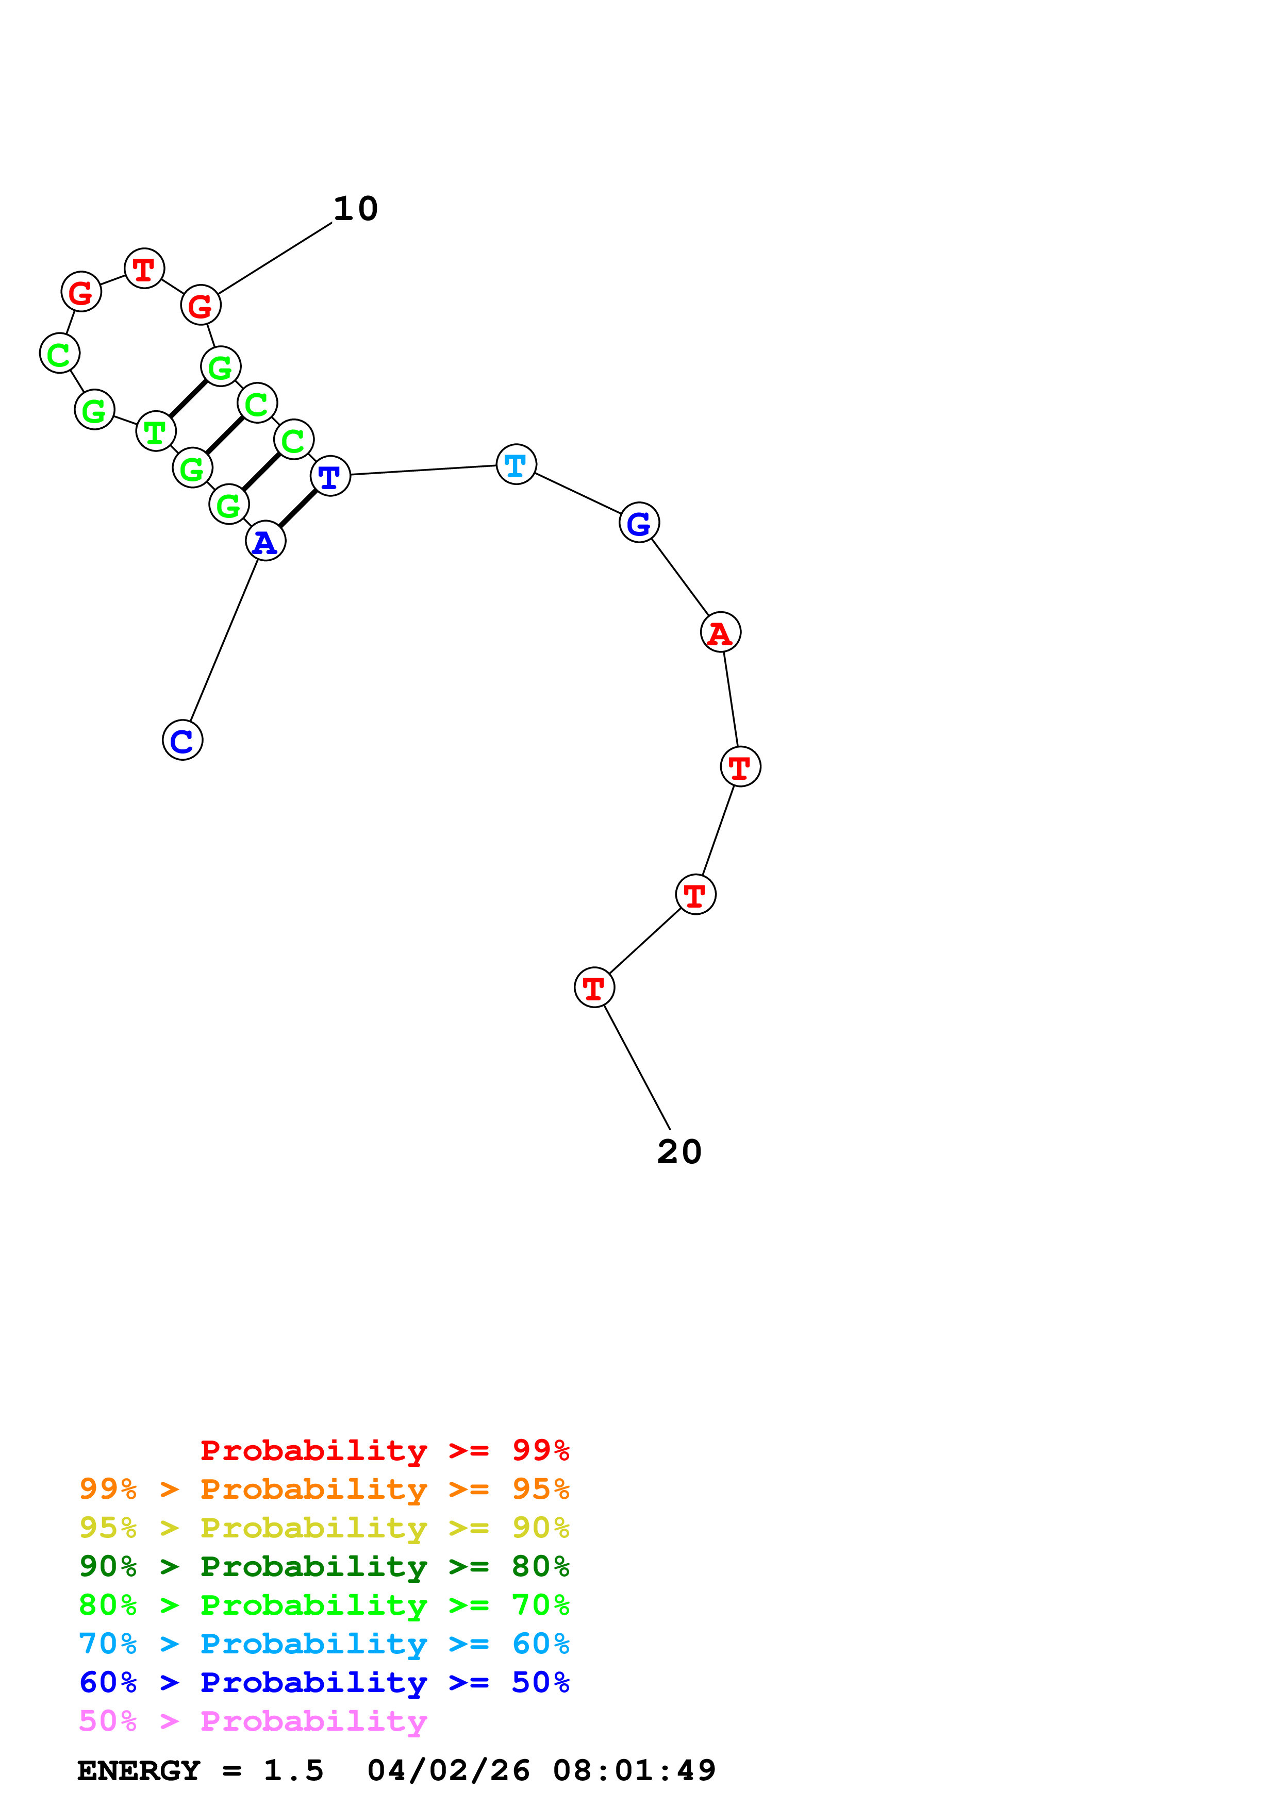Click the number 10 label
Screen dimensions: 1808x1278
[356, 209]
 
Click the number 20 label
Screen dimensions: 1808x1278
[679, 1151]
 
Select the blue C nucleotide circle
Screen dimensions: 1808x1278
[182, 740]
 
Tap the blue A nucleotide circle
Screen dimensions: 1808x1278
[265, 542]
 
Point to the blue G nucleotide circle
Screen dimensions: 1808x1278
[639, 523]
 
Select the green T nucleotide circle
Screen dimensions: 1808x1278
[156, 431]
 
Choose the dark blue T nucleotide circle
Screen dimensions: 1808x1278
[330, 476]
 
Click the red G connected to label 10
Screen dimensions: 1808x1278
[201, 306]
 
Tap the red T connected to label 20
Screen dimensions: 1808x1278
[594, 987]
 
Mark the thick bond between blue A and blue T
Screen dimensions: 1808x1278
[297, 509]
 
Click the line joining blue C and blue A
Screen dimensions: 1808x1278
[224, 640]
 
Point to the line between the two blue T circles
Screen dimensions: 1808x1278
[423, 470]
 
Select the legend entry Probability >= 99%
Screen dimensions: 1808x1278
[384, 1450]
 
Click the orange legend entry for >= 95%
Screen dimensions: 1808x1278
[324, 1489]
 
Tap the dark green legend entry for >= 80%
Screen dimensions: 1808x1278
[324, 1566]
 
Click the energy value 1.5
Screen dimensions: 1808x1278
[293, 1770]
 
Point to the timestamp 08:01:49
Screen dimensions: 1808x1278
[634, 1770]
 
